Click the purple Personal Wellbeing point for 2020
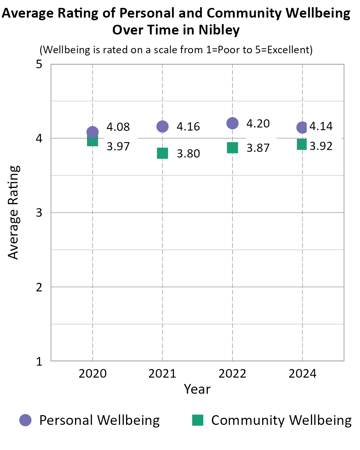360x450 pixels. [x=92, y=132]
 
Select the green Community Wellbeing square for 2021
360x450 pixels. [x=162, y=153]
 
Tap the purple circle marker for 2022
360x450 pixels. [x=232, y=123]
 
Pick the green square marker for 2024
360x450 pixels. [x=302, y=144]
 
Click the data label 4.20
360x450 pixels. [x=258, y=123]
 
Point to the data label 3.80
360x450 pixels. [x=188, y=154]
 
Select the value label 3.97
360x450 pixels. [x=118, y=146]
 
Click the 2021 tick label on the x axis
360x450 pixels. [x=162, y=374]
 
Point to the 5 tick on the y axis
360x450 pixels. [x=39, y=64]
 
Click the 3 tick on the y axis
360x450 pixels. [x=39, y=213]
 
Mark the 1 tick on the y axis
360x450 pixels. [x=39, y=361]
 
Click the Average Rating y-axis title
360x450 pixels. [x=13, y=212]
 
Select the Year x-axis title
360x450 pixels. [x=197, y=389]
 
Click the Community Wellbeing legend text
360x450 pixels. [x=281, y=420]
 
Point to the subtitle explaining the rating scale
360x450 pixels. [x=176, y=50]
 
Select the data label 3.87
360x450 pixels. [x=258, y=148]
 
